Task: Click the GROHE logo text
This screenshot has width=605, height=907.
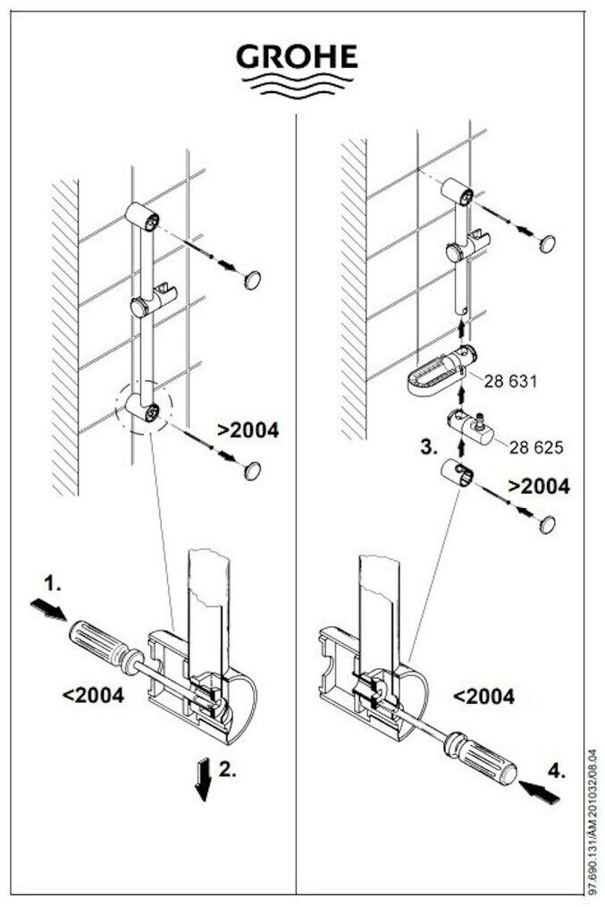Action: (x=297, y=57)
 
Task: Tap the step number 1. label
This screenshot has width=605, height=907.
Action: (x=53, y=583)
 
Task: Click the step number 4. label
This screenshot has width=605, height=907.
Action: (x=556, y=769)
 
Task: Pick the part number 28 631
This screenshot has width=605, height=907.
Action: (x=510, y=381)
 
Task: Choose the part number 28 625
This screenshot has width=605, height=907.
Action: (x=535, y=445)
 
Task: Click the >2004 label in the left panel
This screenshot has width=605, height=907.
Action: (x=248, y=430)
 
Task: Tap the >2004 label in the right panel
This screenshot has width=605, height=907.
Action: (x=539, y=487)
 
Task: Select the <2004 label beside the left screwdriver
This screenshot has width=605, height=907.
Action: (x=94, y=693)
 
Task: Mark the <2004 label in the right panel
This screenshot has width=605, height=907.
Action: (x=484, y=696)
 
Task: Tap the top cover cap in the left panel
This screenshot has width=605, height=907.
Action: (x=253, y=280)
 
